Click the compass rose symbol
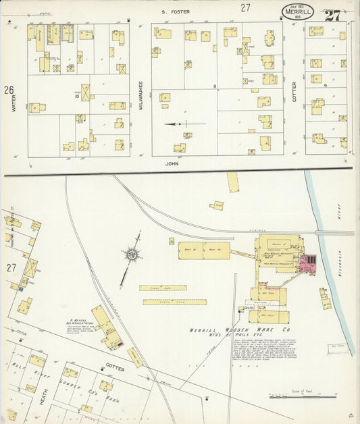click(131, 255)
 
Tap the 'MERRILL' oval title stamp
click(297, 11)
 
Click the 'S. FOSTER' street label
click(180, 11)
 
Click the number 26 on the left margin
click(8, 90)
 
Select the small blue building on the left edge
click(20, 288)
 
